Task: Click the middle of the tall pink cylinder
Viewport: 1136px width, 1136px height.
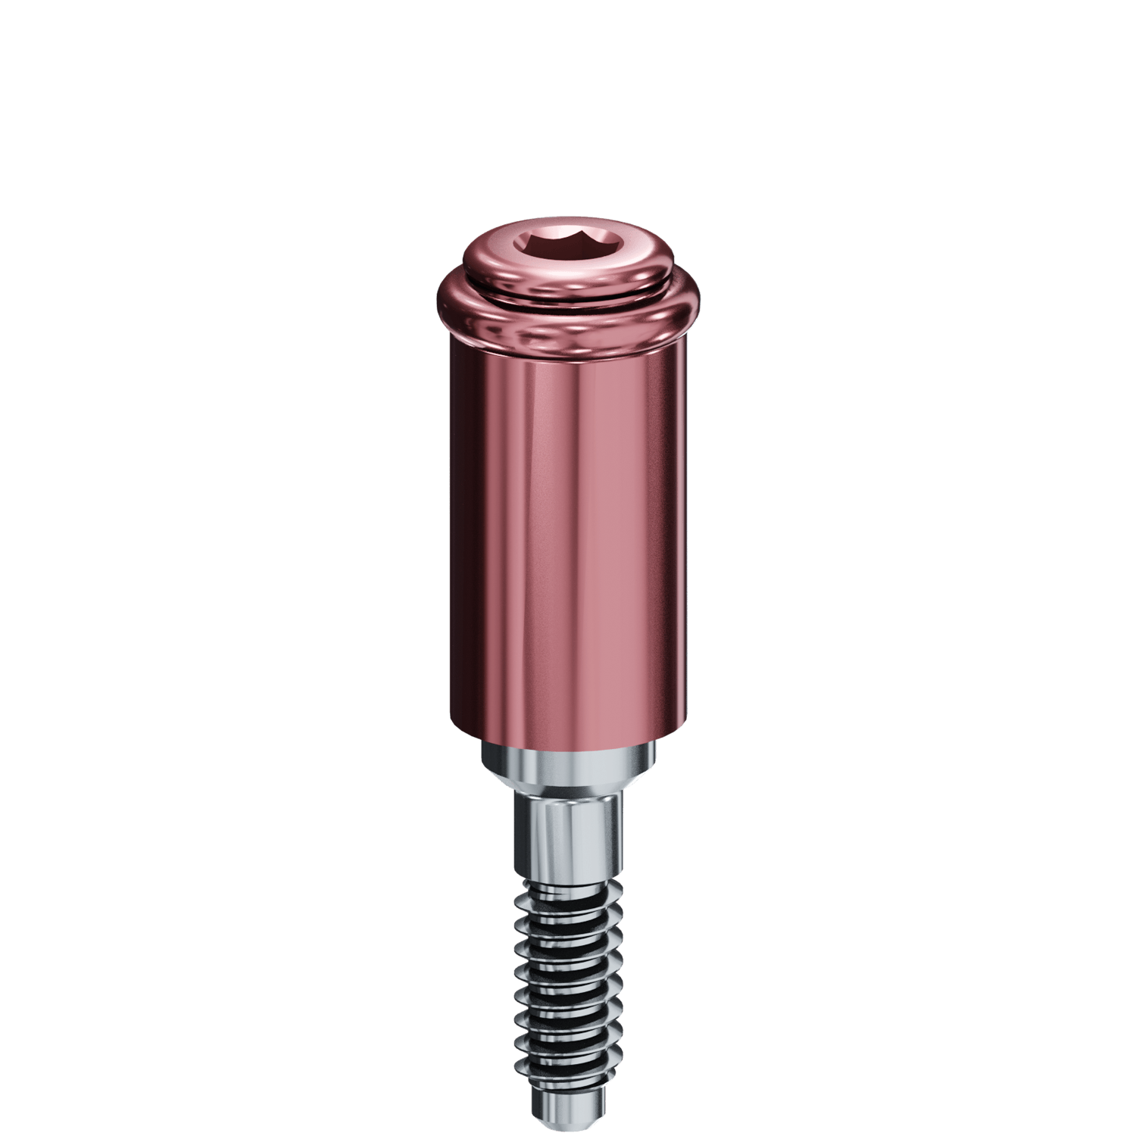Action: pyautogui.click(x=568, y=530)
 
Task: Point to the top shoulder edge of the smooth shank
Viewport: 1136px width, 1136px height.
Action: pyautogui.click(x=568, y=799)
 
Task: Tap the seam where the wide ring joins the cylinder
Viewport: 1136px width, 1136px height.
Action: pyautogui.click(x=568, y=352)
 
